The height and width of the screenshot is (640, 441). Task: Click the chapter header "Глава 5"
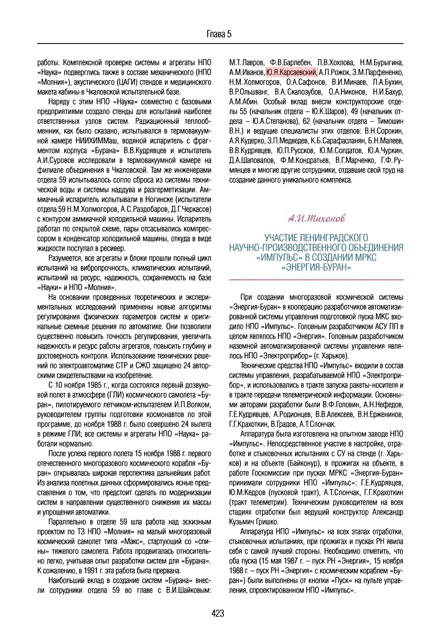pyautogui.click(x=219, y=34)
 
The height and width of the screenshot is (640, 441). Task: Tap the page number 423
pyautogui.click(x=218, y=613)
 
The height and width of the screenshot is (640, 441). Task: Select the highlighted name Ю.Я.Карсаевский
pyautogui.click(x=291, y=72)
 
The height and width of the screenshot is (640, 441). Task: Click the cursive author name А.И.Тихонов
pyautogui.click(x=316, y=218)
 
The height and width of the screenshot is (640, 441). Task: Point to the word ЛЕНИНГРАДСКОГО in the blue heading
pyautogui.click(x=334, y=238)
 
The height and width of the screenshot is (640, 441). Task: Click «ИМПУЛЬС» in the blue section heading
pyautogui.click(x=276, y=257)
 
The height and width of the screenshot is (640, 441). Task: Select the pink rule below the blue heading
pyautogui.click(x=316, y=280)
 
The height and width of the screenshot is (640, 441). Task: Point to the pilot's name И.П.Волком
pyautogui.click(x=192, y=405)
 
